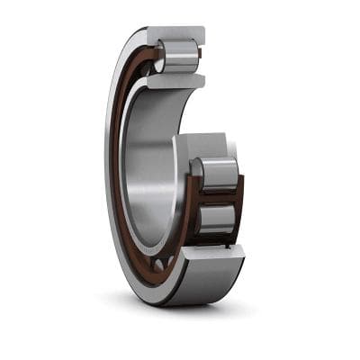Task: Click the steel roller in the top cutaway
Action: click(x=180, y=57)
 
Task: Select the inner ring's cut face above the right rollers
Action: click(x=203, y=145)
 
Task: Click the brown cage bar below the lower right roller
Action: click(x=220, y=241)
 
